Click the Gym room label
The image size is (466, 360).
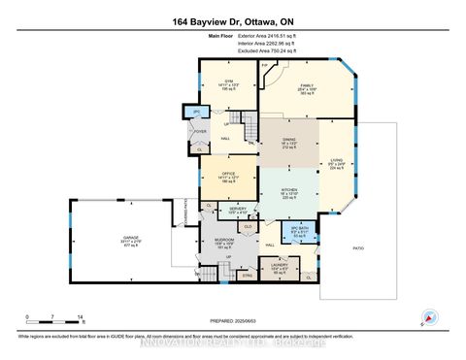[230, 81]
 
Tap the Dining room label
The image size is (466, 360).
[288, 140]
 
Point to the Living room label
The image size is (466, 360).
[337, 162]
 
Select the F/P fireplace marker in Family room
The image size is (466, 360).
[265, 67]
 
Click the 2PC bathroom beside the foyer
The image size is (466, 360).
[196, 112]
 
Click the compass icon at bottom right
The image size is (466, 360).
[425, 315]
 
